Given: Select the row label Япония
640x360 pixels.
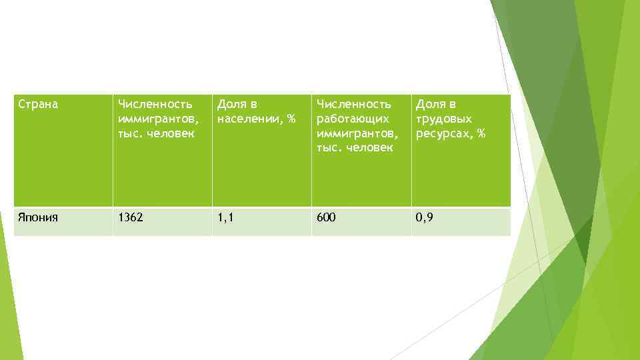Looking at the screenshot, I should [x=37, y=217].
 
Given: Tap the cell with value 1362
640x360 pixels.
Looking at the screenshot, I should [x=130, y=217].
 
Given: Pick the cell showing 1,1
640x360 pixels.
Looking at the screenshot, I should [x=226, y=217].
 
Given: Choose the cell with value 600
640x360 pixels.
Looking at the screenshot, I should [x=326, y=217].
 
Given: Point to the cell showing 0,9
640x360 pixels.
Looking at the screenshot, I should [x=424, y=217].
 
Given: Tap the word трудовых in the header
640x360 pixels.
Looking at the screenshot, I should [x=444, y=119].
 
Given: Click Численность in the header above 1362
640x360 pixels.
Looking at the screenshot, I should [x=155, y=104].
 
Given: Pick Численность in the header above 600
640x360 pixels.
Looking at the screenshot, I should [x=354, y=104].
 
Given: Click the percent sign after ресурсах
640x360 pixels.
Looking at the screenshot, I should [x=481, y=133].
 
